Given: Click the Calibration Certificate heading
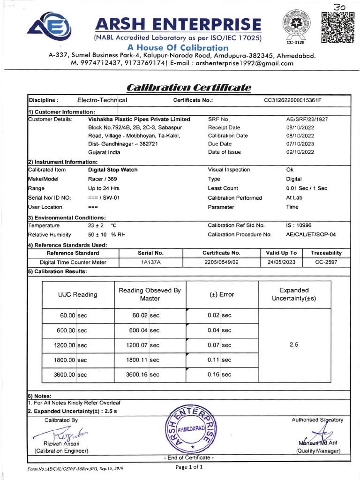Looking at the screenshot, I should pyautogui.click(x=189, y=87).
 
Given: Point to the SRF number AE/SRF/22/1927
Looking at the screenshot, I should pyautogui.click(x=307, y=120).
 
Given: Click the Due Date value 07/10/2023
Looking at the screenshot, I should pyautogui.click(x=300, y=144).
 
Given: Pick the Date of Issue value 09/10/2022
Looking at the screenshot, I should pyautogui.click(x=300, y=152).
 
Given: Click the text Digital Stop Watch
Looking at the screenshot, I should pyautogui.click(x=112, y=170).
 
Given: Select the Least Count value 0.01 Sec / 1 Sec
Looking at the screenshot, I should pyautogui.click(x=307, y=188).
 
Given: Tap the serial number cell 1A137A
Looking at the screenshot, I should pyautogui.click(x=151, y=262).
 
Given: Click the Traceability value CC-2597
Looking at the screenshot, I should pyautogui.click(x=326, y=262).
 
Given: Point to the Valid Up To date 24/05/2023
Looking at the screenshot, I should pyautogui.click(x=281, y=262).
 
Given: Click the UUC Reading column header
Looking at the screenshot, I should pyautogui.click(x=78, y=295).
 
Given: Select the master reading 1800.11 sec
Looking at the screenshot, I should pyautogui.click(x=142, y=360).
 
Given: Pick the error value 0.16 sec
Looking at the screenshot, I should pyautogui.click(x=219, y=375).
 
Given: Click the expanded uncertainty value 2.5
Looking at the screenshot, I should pyautogui.click(x=294, y=345).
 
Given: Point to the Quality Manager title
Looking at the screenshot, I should pyautogui.click(x=318, y=451).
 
